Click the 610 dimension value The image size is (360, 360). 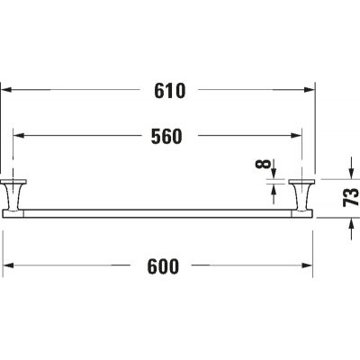click(170, 91)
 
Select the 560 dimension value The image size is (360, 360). click(166, 137)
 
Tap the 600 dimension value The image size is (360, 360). click(163, 266)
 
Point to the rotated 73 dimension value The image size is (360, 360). click(351, 197)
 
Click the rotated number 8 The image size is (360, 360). click(263, 164)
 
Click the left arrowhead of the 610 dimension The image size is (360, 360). click(7, 89)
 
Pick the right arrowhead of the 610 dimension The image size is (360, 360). click(310, 89)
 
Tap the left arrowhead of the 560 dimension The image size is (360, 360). click(19, 136)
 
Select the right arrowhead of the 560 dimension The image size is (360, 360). click(297, 136)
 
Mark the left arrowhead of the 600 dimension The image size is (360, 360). click(8, 265)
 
